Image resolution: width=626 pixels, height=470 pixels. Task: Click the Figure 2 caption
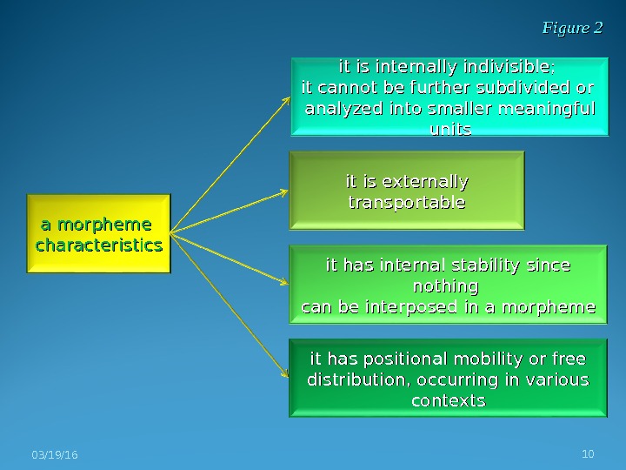tap(572, 29)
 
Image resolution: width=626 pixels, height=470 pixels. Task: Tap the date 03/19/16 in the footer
tap(53, 455)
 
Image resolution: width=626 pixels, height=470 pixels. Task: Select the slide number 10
tap(588, 453)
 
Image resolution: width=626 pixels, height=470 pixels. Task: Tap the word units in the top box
tap(450, 130)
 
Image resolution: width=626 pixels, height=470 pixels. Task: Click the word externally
tap(425, 182)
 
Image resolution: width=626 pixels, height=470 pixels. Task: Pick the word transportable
tap(407, 203)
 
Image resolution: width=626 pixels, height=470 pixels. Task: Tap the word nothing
tap(447, 285)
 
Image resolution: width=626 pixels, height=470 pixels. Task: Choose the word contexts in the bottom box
tap(447, 401)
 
